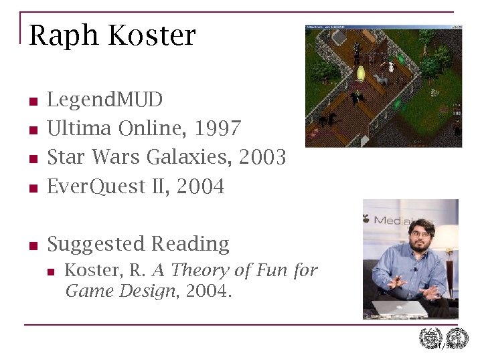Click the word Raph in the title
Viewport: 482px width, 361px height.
(x=58, y=36)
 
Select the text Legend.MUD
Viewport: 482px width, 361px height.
(x=105, y=100)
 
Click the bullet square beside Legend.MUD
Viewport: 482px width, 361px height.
(x=32, y=102)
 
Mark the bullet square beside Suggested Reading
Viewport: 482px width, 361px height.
(x=32, y=246)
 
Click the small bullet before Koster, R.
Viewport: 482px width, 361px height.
(x=50, y=271)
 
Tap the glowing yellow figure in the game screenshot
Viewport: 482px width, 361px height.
(x=361, y=73)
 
